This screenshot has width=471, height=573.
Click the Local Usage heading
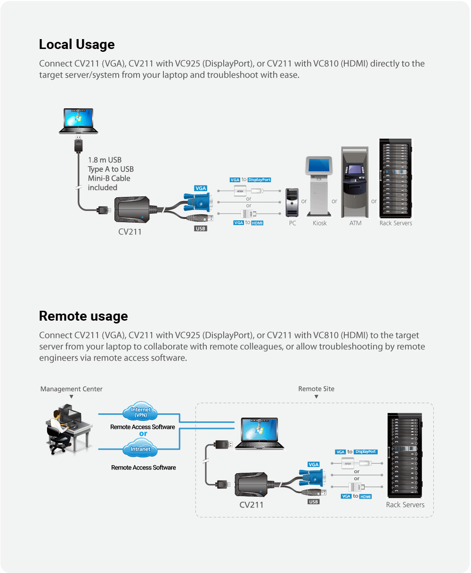(x=77, y=45)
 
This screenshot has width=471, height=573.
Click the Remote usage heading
(x=83, y=316)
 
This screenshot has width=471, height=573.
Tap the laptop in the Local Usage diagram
(x=79, y=121)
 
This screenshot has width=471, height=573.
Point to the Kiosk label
(x=319, y=223)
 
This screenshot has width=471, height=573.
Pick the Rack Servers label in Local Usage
(x=396, y=223)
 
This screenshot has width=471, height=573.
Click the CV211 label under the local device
(x=130, y=232)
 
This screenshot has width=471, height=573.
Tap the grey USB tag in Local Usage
(x=201, y=229)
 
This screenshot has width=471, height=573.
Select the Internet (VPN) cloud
(x=140, y=412)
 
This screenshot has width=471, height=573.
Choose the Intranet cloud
(x=140, y=449)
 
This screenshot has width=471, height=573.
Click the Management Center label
(x=71, y=389)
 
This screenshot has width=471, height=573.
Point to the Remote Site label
(x=316, y=389)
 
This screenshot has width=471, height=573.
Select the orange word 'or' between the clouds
(x=143, y=434)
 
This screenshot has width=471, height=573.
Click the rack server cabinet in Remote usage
(x=405, y=455)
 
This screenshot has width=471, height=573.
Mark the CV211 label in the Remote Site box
(x=252, y=505)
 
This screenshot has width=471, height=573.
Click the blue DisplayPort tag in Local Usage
(x=259, y=180)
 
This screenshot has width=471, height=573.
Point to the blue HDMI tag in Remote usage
(x=365, y=497)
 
